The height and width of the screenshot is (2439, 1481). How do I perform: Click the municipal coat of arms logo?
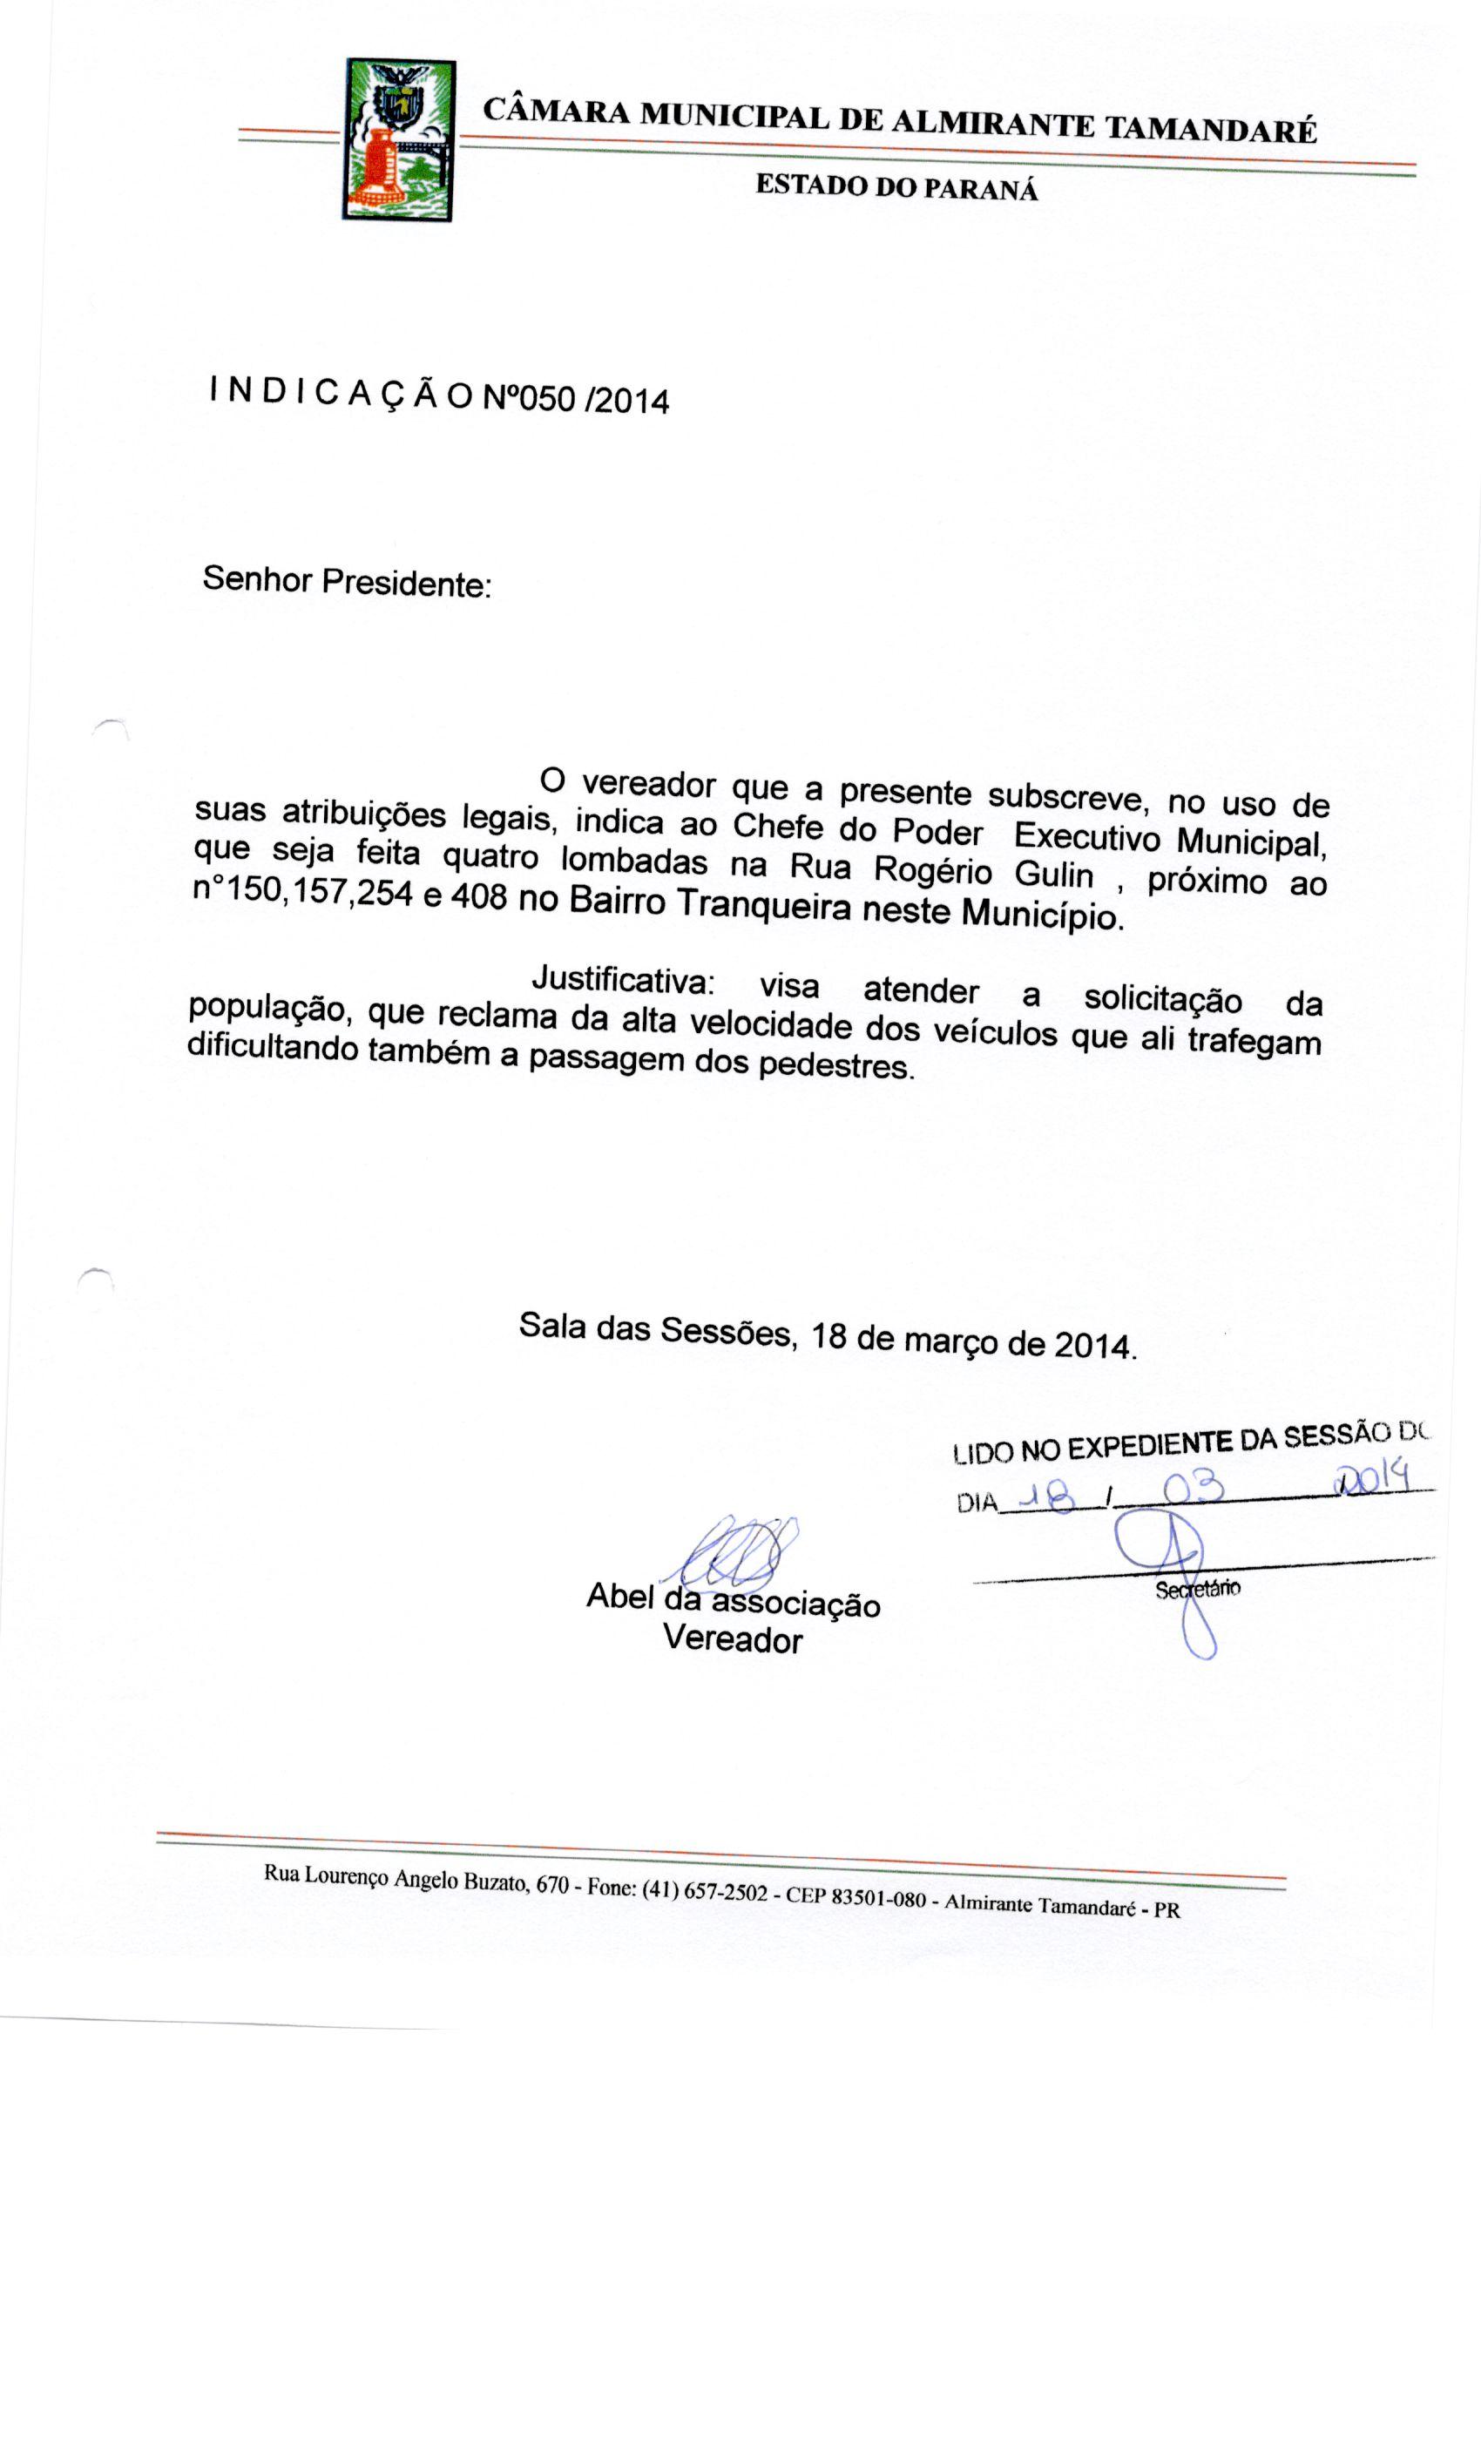pyautogui.click(x=400, y=139)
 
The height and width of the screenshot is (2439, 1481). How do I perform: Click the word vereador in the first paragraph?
pyautogui.click(x=648, y=784)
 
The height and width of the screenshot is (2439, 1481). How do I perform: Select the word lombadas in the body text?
pyautogui.click(x=633, y=859)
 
